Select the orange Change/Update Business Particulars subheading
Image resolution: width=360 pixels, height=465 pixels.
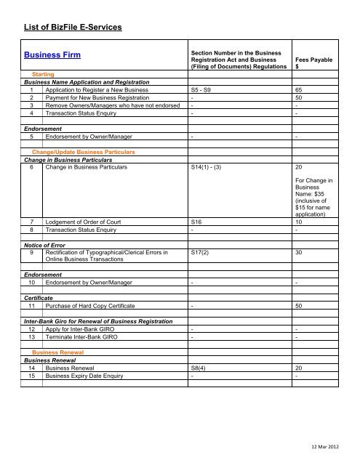tap(84, 151)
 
